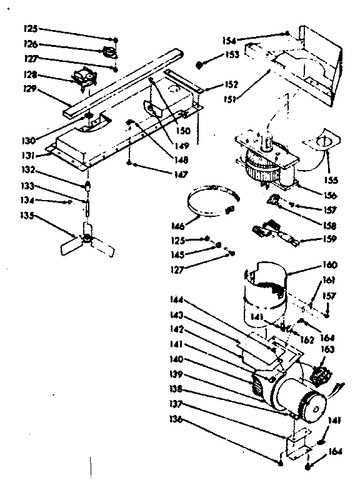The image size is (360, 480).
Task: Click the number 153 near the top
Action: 233,55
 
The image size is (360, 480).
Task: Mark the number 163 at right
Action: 327,349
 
